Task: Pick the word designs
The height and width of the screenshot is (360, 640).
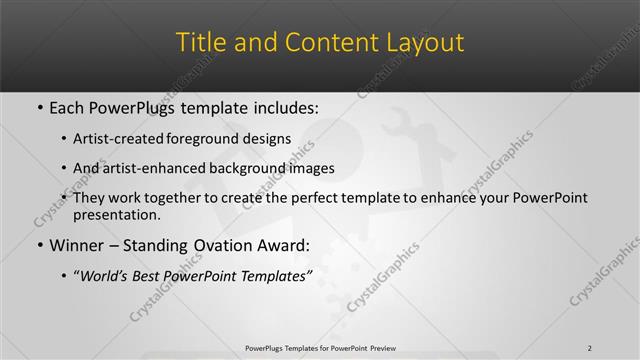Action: tap(268, 139)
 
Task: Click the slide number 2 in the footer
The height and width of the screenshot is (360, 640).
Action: tap(590, 348)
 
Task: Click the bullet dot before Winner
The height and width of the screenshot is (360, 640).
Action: tap(38, 246)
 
